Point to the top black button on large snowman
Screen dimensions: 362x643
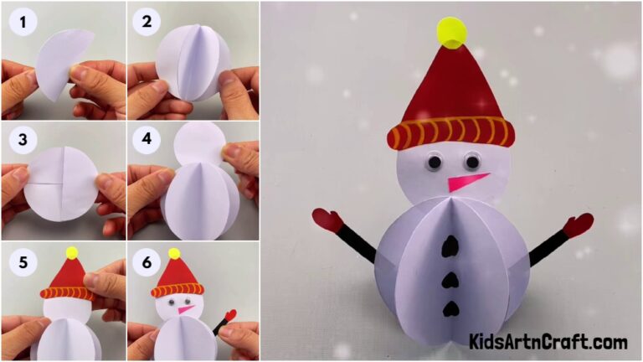450,246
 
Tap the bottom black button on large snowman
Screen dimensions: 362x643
450,308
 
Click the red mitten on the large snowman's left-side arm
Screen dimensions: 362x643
327,220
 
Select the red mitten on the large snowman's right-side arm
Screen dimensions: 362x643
578,224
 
